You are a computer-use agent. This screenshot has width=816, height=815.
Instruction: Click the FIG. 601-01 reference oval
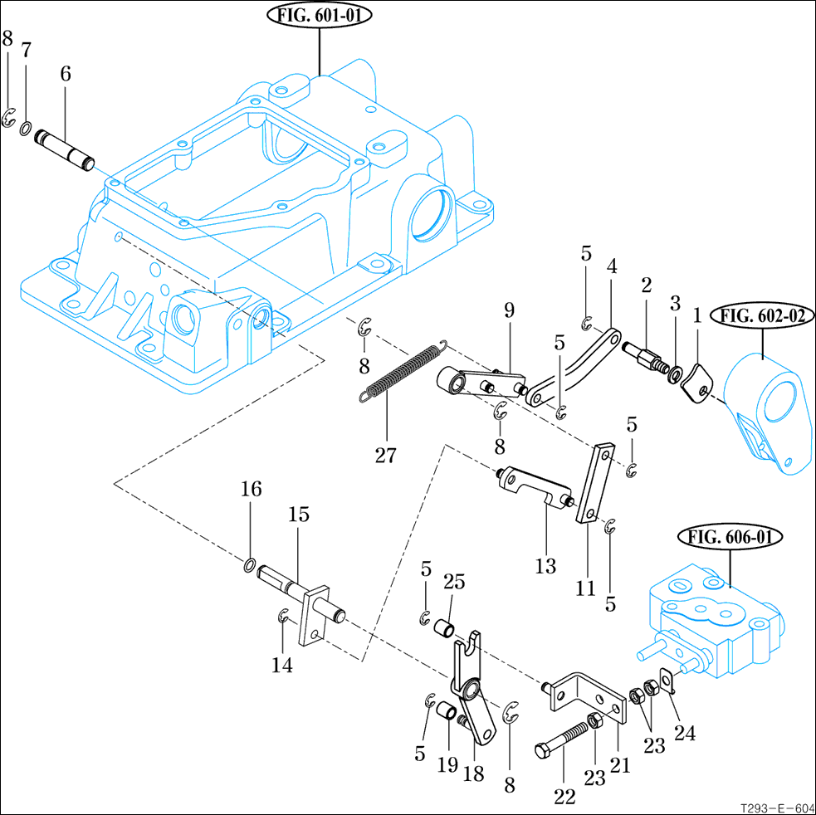[x=320, y=16]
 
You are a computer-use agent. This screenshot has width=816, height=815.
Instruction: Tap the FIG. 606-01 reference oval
[x=730, y=537]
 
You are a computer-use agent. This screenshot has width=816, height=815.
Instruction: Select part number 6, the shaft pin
[x=65, y=145]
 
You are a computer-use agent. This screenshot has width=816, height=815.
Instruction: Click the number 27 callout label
[x=385, y=455]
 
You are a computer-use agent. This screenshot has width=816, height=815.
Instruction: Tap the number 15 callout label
[x=299, y=515]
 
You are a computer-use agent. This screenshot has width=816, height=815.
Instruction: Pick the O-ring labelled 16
[x=249, y=566]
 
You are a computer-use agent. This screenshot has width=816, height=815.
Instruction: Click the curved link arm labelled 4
[x=576, y=365]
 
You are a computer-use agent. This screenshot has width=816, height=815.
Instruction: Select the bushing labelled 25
[x=447, y=627]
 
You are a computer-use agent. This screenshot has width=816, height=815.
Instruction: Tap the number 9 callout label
[x=509, y=310]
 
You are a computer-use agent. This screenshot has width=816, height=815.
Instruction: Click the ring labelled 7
[x=27, y=129]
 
